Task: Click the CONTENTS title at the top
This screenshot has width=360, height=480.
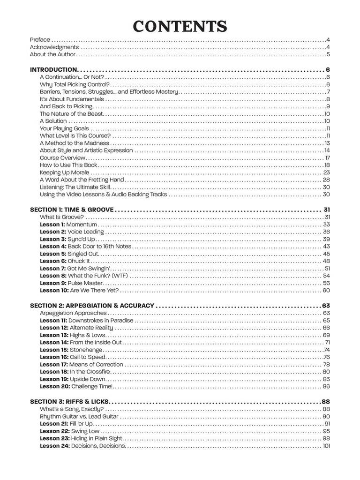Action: click(x=180, y=26)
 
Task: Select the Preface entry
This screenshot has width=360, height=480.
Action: click(x=40, y=40)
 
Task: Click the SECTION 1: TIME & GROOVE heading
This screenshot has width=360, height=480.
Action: click(x=72, y=210)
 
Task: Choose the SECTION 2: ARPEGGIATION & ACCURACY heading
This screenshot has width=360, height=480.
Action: click(x=92, y=306)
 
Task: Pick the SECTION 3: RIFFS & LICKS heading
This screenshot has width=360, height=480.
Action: click(x=69, y=402)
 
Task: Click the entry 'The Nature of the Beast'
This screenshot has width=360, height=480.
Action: click(x=71, y=114)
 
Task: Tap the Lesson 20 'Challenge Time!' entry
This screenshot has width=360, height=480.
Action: click(x=76, y=386)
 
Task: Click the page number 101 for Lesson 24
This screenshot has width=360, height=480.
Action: click(x=326, y=446)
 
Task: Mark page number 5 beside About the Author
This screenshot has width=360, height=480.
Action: click(x=329, y=55)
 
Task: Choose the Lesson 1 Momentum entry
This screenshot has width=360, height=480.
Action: click(x=68, y=225)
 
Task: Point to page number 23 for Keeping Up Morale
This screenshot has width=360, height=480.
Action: click(x=327, y=172)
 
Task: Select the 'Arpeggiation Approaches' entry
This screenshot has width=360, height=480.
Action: click(x=73, y=313)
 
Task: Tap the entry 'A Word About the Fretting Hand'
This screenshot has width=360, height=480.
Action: click(x=82, y=180)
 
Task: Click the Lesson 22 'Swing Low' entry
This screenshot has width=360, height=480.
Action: click(x=69, y=431)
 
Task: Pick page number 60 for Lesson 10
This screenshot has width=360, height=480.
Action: click(x=326, y=291)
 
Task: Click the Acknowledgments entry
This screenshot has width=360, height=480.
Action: click(x=54, y=47)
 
